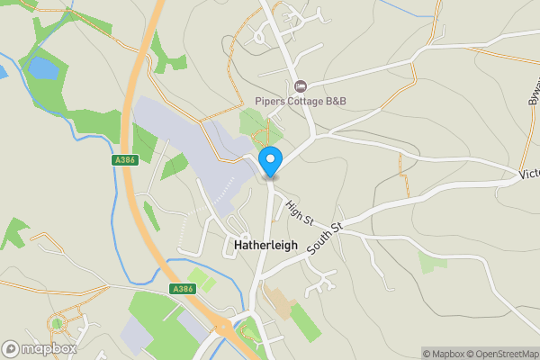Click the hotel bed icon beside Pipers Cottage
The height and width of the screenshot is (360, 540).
[x=301, y=86]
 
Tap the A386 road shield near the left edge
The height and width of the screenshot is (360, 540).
[x=124, y=160]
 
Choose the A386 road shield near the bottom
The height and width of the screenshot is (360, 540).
[x=182, y=289]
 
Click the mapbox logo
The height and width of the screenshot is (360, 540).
[x=38, y=348]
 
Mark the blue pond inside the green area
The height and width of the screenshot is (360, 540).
[x=42, y=67]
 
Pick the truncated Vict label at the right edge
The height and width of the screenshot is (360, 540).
[x=529, y=173]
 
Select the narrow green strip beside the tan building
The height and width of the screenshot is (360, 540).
[x=305, y=321]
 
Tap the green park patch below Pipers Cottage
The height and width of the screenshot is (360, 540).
[x=255, y=124]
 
